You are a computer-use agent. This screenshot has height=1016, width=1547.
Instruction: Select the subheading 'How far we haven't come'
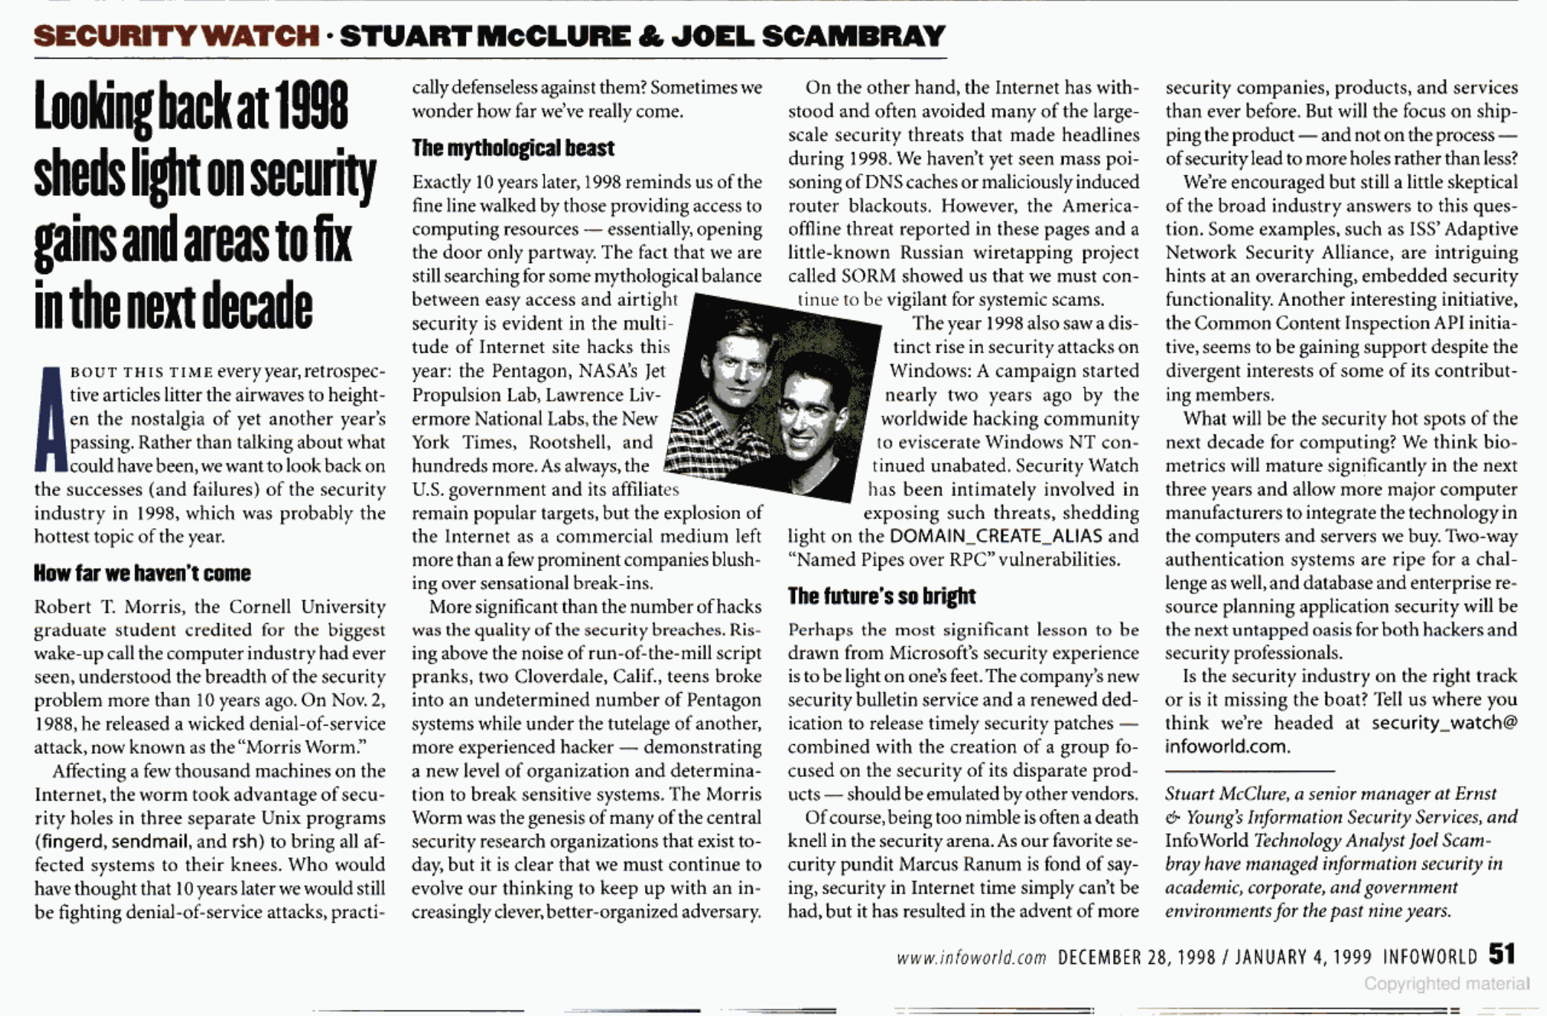pos(142,573)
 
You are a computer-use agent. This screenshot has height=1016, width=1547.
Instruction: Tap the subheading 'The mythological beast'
pos(513,149)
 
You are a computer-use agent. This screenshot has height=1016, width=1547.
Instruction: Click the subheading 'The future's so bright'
pos(881,596)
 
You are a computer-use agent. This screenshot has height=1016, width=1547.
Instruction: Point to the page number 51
pos(1502,954)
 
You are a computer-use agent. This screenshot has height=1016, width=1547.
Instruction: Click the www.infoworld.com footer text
pos(971,957)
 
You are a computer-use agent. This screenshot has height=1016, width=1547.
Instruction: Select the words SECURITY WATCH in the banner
pos(176,36)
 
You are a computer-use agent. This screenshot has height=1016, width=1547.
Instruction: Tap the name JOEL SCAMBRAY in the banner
pos(808,36)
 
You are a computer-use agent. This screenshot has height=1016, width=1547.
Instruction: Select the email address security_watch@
pos(1444,723)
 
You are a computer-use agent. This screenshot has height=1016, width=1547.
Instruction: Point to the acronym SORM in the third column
pos(866,276)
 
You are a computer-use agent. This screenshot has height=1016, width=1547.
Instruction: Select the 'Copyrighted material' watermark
pos(1446,984)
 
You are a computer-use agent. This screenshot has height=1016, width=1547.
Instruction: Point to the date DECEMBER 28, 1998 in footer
pos(1136,957)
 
